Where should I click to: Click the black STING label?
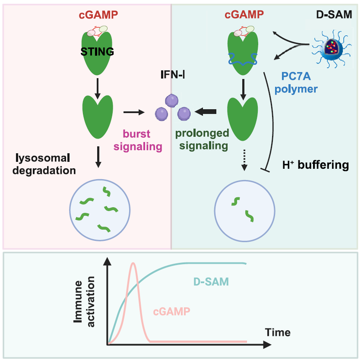(98, 52)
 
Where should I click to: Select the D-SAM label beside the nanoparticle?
(334, 15)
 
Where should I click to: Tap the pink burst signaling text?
(137, 141)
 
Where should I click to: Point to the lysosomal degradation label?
(44, 164)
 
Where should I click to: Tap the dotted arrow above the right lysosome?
(244, 161)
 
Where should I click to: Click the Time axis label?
(278, 332)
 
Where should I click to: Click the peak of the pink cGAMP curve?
(134, 263)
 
